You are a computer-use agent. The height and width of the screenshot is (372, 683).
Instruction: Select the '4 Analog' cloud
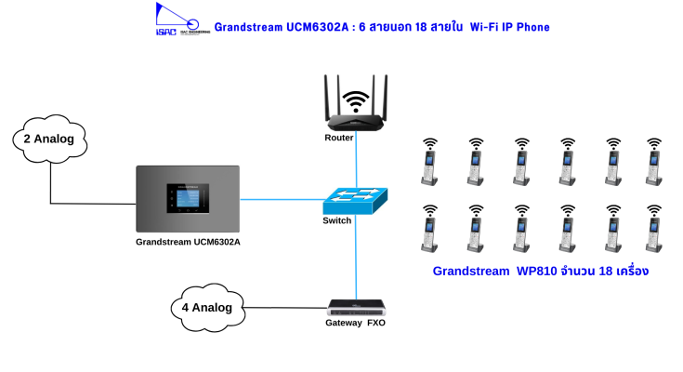[208, 306]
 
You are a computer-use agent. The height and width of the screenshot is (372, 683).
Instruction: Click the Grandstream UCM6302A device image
[188, 199]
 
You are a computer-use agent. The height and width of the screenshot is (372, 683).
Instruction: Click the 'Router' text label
[339, 138]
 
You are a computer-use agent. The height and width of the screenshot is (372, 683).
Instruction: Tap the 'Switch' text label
[337, 220]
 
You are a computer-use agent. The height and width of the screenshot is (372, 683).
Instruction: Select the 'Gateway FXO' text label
[355, 323]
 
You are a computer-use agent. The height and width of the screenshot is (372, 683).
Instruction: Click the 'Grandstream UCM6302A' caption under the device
[188, 243]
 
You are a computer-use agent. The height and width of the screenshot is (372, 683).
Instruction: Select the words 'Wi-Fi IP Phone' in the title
[510, 27]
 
